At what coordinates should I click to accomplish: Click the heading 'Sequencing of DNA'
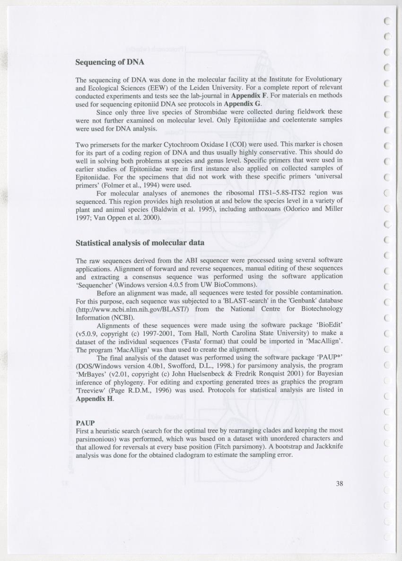coord(110,62)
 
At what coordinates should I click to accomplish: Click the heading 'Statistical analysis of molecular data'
coord(140,243)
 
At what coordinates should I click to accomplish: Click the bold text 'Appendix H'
coord(95,398)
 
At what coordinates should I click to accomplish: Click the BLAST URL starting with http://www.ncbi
coord(133,309)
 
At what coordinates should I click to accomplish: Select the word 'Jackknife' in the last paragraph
coord(328,447)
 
